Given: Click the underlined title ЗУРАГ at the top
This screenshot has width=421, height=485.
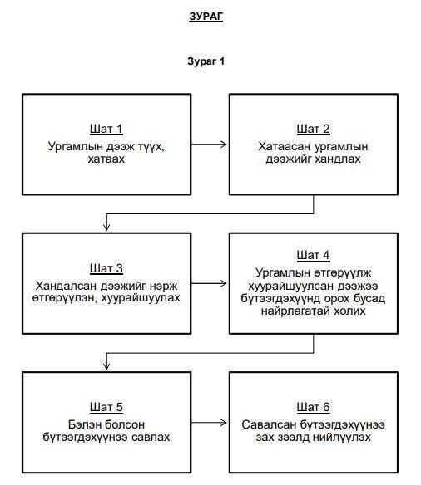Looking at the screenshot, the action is (x=206, y=17).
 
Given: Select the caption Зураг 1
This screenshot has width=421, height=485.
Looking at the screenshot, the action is (x=206, y=61).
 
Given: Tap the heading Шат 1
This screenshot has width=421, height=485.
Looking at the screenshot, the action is (x=106, y=129).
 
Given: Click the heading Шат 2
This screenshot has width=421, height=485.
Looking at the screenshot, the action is (x=313, y=129).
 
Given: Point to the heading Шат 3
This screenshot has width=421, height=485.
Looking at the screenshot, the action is (x=106, y=268).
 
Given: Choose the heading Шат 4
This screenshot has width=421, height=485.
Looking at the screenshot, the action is (x=313, y=255).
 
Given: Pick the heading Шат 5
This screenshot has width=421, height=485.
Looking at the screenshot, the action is (x=106, y=407).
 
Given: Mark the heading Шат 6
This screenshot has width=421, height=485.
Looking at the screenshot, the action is (x=313, y=407).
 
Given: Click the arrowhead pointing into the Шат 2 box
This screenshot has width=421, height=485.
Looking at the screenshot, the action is (x=224, y=145).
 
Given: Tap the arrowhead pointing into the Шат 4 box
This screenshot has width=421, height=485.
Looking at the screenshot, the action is (x=224, y=283).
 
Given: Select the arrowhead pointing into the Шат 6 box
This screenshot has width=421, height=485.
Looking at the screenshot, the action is (x=224, y=423).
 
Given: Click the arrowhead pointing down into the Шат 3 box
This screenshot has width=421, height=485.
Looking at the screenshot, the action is (x=106, y=228).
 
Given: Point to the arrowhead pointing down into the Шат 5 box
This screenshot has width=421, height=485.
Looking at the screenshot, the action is (x=106, y=366).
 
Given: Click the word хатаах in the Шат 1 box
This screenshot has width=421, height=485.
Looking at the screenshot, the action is (x=106, y=159).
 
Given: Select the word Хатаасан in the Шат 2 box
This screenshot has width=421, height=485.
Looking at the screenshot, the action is (x=285, y=146).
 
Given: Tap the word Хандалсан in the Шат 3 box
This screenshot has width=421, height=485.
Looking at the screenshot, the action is (x=67, y=286).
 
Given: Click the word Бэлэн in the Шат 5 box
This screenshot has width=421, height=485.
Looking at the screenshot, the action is (x=85, y=424).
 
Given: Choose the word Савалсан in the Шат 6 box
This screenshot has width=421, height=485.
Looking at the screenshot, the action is (x=268, y=424).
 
